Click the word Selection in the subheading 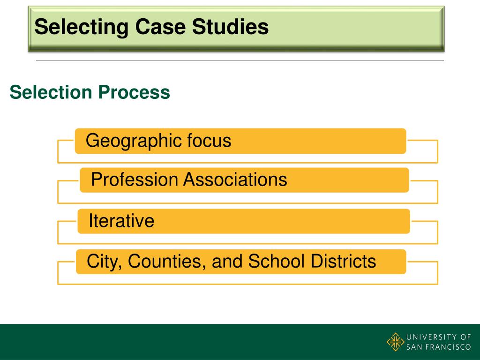51,92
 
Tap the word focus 209,141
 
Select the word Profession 135,180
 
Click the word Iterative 121,221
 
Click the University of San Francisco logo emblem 395,341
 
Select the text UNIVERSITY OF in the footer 438,337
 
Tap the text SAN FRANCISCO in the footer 438,347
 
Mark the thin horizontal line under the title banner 240,60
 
